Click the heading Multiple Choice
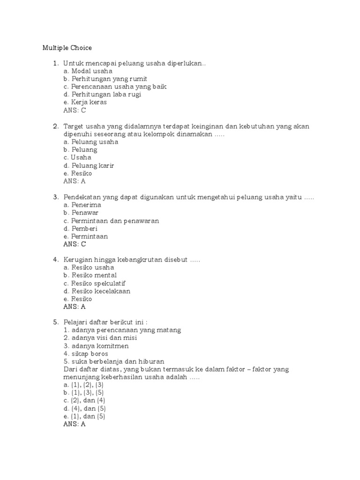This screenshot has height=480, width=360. (67, 48)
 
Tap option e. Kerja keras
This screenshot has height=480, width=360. (85, 102)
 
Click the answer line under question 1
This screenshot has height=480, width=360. (75, 111)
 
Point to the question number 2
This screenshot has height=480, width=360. (55, 127)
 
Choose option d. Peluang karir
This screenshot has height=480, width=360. (89, 165)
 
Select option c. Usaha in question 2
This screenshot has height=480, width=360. (77, 157)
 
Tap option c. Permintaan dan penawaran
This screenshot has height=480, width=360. (111, 221)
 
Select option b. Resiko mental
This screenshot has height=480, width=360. (90, 276)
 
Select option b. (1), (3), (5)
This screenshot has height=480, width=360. (83, 393)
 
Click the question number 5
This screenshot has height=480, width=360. (55, 322)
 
